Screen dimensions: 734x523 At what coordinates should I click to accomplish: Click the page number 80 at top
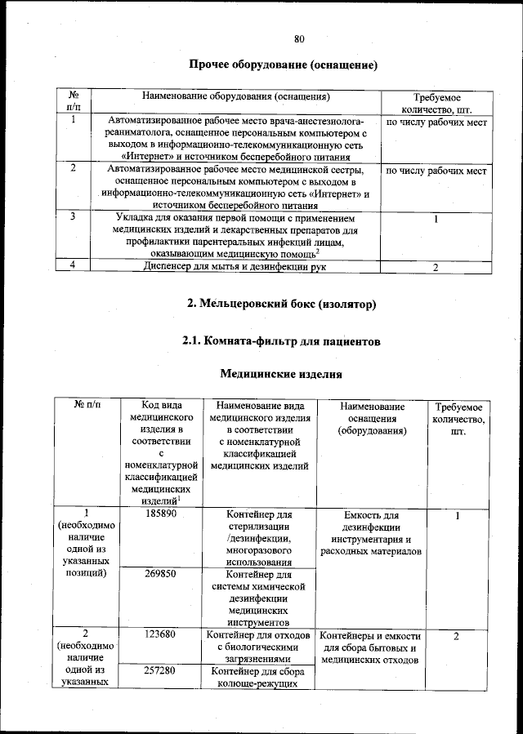(299, 38)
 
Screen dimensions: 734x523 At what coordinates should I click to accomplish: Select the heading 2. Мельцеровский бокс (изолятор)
(282, 304)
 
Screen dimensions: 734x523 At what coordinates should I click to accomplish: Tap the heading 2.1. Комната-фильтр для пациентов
(282, 342)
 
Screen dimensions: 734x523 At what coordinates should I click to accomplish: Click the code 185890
(160, 515)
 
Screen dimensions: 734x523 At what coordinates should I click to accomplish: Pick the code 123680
(160, 634)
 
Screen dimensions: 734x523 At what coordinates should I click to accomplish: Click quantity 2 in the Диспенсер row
(436, 267)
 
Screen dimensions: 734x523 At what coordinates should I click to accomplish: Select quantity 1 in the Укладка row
(436, 220)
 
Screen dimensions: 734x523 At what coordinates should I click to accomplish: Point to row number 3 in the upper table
(74, 217)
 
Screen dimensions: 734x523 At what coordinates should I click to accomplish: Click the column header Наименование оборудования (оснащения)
(235, 96)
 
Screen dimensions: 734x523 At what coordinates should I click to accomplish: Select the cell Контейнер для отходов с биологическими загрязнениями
(257, 647)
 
